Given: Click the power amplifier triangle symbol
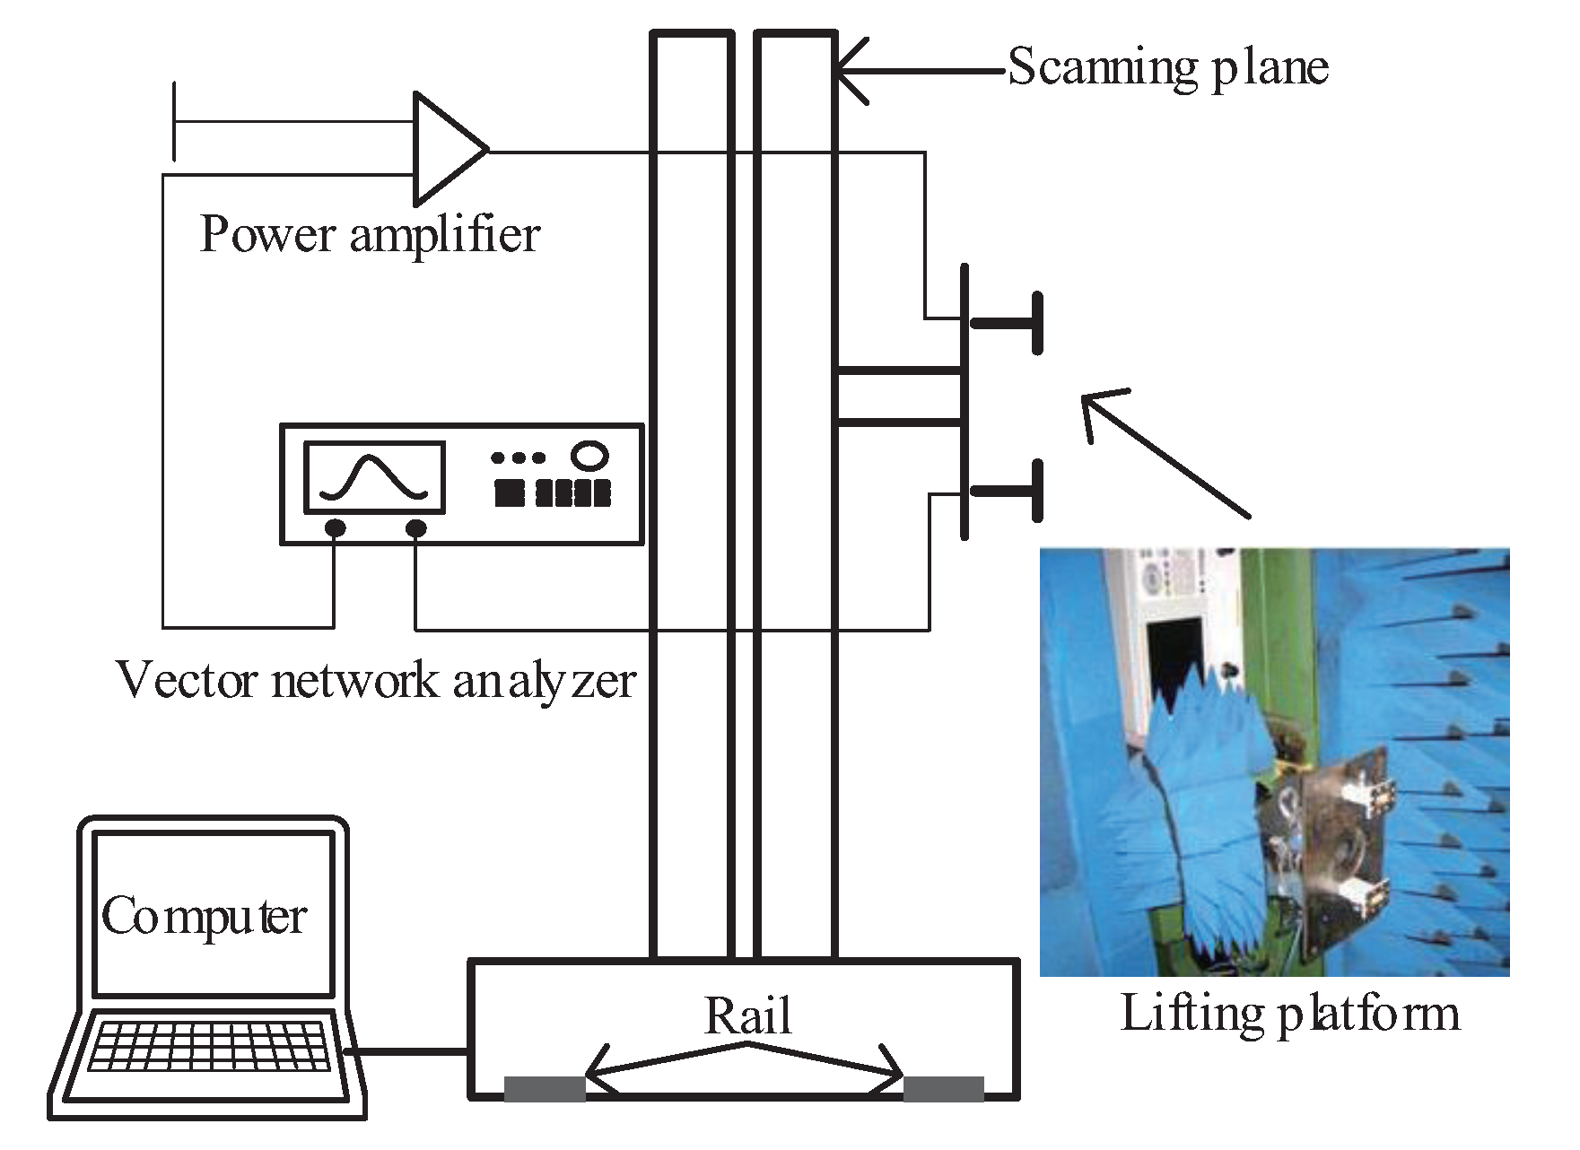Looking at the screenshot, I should click(445, 149).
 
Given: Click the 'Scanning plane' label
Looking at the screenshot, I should click(1167, 67).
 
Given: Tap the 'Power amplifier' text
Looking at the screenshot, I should click(370, 235).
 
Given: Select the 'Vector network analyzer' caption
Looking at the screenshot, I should click(376, 680).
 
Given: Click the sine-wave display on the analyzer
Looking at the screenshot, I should click(374, 477).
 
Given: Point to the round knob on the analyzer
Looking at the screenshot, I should click(589, 456).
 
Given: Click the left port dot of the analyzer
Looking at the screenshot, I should click(335, 528).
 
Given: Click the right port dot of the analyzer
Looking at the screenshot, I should click(415, 528).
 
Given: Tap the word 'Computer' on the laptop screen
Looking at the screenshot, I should click(205, 916).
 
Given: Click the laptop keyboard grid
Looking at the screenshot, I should click(209, 1045).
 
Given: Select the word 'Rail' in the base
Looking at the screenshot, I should click(747, 1016).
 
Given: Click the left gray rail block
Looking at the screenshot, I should click(545, 1088).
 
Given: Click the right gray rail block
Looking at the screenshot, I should click(943, 1088).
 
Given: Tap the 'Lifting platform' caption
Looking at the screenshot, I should click(1289, 1014).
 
